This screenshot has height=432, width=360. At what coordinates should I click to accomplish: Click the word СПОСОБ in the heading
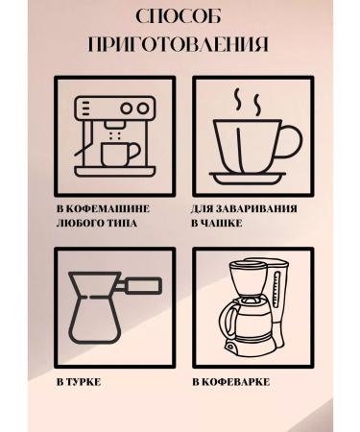pyautogui.click(x=180, y=18)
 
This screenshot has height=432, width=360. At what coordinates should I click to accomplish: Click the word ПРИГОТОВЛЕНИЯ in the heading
pyautogui.click(x=180, y=44)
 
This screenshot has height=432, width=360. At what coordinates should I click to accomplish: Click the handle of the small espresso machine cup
pyautogui.click(x=134, y=152)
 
